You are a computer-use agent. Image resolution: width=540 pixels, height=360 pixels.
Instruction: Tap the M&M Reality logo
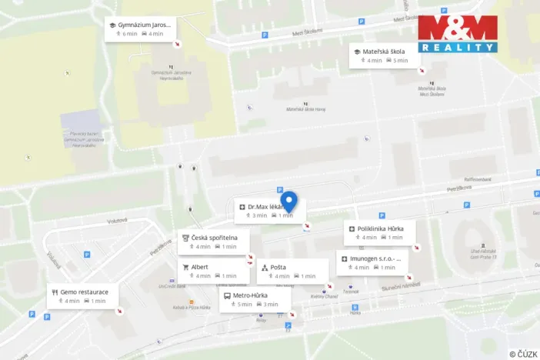point(458,33)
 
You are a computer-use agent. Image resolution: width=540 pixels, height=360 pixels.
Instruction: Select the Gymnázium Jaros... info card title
point(145,25)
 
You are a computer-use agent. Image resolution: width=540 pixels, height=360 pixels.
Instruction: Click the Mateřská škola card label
point(386,52)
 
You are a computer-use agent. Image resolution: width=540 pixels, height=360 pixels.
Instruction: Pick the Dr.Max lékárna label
point(265,207)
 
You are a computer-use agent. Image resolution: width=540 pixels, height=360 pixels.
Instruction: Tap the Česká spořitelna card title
point(215,238)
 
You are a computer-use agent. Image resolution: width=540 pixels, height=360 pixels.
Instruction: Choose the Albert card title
point(199,267)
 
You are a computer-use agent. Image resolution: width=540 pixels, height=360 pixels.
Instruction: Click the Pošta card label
point(278,267)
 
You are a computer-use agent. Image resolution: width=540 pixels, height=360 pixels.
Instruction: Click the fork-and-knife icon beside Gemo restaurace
point(55,292)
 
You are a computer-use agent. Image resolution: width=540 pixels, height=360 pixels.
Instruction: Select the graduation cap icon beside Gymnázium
point(112,25)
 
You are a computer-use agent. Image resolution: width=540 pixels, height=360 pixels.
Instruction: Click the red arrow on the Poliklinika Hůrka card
point(416,248)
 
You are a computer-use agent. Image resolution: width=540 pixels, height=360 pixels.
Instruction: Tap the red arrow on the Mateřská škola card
point(421,70)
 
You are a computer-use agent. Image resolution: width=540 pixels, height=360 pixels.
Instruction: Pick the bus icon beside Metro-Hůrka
point(227,295)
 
